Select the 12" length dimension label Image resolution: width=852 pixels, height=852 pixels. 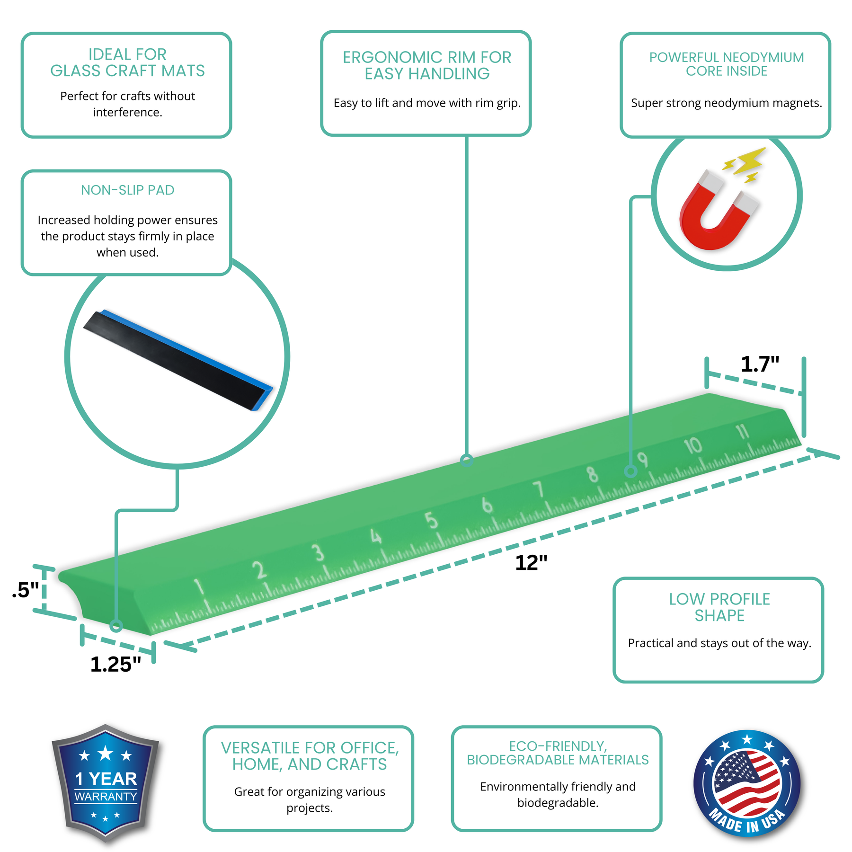pos(531,563)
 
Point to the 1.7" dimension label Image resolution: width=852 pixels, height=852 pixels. pos(760,364)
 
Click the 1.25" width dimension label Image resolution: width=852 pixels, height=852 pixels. pos(115,664)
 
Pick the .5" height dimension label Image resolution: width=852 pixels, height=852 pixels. pos(26,590)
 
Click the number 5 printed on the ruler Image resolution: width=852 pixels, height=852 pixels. pos(431,521)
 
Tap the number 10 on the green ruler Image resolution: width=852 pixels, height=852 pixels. pos(693,445)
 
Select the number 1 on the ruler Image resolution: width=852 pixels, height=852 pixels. pos(199,587)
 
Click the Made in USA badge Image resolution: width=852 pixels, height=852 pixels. pos(746,783)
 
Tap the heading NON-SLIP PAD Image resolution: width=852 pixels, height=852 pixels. pos(128,190)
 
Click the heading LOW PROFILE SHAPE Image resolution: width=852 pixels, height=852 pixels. pos(719,607)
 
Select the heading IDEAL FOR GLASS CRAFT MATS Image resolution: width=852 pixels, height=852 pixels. pos(128,62)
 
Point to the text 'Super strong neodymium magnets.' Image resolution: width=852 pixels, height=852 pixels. pos(727,103)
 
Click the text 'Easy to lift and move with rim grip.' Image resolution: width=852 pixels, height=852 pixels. pos(427,103)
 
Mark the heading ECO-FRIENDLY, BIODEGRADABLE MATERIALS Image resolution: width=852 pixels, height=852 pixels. pos(558,753)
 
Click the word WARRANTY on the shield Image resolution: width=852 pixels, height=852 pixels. pos(106,797)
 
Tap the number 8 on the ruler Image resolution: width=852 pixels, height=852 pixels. pos(592,474)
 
